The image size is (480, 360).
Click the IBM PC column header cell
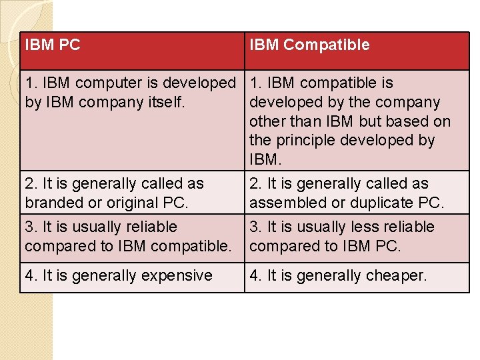pyautogui.click(x=132, y=51)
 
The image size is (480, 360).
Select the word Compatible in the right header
pyautogui.click(x=326, y=45)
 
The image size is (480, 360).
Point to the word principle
pyautogui.click(x=308, y=141)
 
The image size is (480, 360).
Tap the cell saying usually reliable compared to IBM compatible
pyautogui.click(x=132, y=237)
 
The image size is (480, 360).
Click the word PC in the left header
pyautogui.click(x=69, y=45)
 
